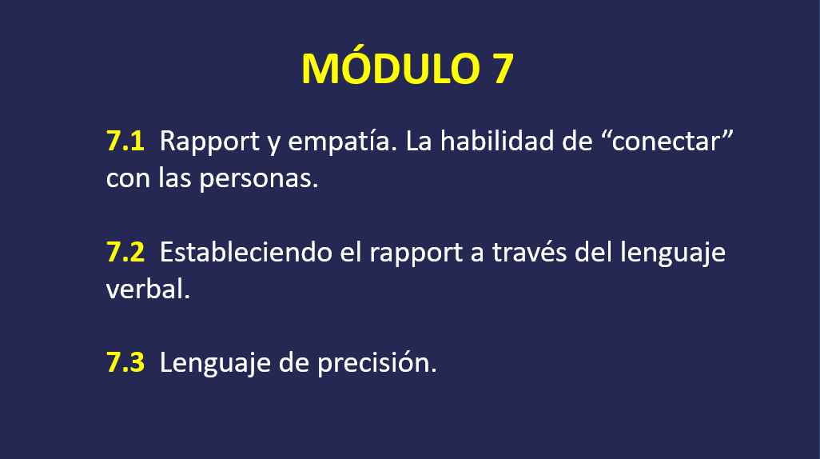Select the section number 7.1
coord(125,142)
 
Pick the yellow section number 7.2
coord(125,252)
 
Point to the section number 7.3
coord(125,362)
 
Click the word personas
coord(259,180)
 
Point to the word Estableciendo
coord(246,252)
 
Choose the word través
coord(529,252)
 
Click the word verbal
coord(148,289)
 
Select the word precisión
coord(376,363)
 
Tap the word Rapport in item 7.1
coord(209,143)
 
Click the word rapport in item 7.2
coord(416,253)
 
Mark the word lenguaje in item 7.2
coord(672,253)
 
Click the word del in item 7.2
coord(593,252)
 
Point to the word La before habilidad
coord(418,142)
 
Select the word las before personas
coord(175,178)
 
